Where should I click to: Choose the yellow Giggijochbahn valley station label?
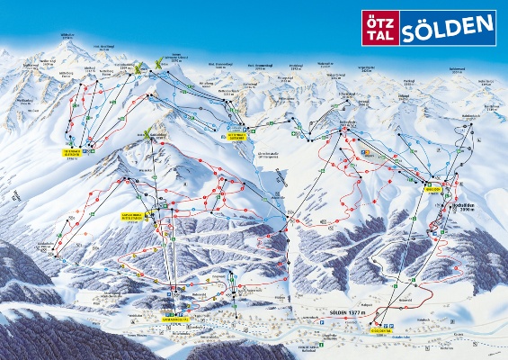tap(381, 328)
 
